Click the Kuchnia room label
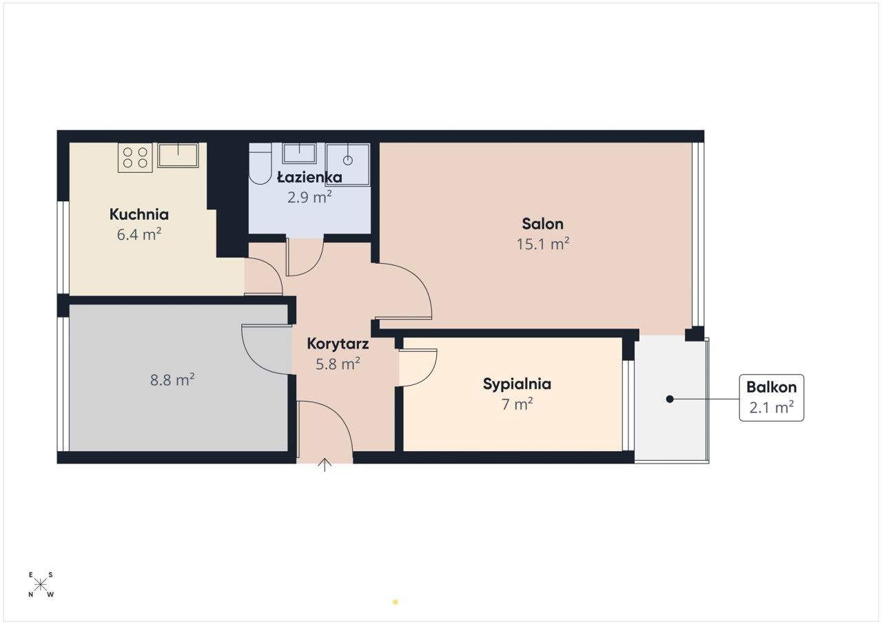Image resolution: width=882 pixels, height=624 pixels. (139, 214)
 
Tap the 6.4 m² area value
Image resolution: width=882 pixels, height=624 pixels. (139, 234)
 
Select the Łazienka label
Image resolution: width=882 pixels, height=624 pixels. (309, 177)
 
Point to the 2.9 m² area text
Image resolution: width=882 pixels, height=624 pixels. (309, 197)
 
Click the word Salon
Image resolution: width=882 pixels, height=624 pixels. (542, 224)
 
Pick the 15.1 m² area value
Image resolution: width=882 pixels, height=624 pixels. (542, 244)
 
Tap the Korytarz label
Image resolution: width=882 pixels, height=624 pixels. (338, 344)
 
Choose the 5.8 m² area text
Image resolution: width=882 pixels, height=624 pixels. (338, 364)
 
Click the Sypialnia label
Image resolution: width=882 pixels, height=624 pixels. (517, 384)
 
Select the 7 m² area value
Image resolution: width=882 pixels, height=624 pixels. (517, 404)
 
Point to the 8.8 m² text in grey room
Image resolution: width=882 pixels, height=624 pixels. (172, 380)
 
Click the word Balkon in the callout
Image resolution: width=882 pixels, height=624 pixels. (771, 388)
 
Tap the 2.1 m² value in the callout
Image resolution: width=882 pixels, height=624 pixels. (771, 408)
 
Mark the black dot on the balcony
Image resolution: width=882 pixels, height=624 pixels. (670, 399)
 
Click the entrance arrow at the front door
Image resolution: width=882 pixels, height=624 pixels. (325, 465)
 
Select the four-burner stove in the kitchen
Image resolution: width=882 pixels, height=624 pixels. (135, 157)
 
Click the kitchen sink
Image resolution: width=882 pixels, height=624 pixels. (178, 155)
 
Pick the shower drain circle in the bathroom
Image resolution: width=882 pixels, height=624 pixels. (348, 160)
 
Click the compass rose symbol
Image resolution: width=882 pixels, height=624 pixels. (41, 585)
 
